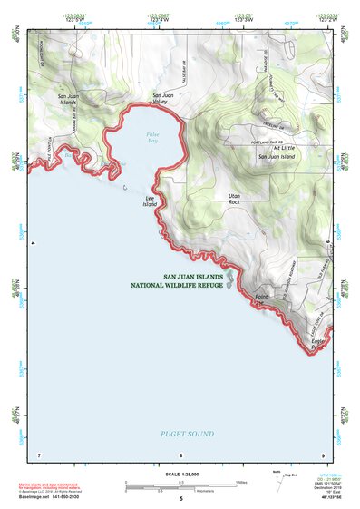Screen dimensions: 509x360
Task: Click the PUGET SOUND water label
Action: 188,435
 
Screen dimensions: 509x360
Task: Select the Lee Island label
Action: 150,201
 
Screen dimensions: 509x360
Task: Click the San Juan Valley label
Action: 160,99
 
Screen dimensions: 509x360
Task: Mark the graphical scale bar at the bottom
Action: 180,487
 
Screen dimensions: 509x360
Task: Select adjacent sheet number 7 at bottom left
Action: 39,455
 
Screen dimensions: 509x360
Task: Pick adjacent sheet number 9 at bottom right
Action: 323,455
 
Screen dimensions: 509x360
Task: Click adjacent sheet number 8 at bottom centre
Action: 180,455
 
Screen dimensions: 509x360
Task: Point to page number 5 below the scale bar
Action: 180,499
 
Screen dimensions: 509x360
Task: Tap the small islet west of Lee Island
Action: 124,188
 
